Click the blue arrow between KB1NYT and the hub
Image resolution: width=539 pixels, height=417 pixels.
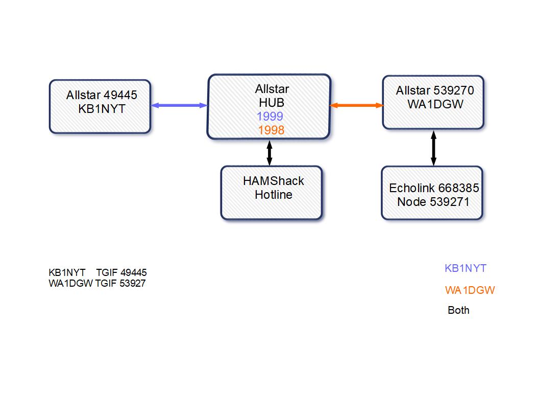[179, 105]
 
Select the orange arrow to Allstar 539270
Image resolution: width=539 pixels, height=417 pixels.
[356, 105]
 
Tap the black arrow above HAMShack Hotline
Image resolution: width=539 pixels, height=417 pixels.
[269, 153]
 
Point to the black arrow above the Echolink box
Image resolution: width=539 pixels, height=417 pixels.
[433, 148]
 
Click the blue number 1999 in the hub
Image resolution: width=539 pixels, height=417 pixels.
[270, 117]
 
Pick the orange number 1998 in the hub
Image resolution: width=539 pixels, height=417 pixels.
[271, 130]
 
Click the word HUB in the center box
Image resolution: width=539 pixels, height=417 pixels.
[272, 103]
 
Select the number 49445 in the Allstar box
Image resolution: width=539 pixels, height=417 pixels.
[120, 95]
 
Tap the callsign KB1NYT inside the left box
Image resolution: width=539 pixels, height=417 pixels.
[102, 109]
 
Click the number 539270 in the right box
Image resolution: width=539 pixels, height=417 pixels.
[454, 90]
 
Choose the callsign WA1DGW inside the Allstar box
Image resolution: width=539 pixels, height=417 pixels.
[435, 104]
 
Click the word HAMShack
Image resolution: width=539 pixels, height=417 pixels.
[273, 181]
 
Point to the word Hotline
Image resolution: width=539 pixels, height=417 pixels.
[274, 195]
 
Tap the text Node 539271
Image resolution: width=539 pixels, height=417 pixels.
[433, 202]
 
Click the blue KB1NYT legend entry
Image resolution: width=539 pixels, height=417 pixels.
[465, 268]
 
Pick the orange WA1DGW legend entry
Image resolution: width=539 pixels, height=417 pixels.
[470, 290]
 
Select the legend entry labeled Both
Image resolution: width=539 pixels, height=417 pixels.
[458, 310]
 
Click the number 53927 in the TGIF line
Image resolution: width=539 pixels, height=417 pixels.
[132, 284]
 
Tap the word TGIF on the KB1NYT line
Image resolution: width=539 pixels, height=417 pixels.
[107, 273]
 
